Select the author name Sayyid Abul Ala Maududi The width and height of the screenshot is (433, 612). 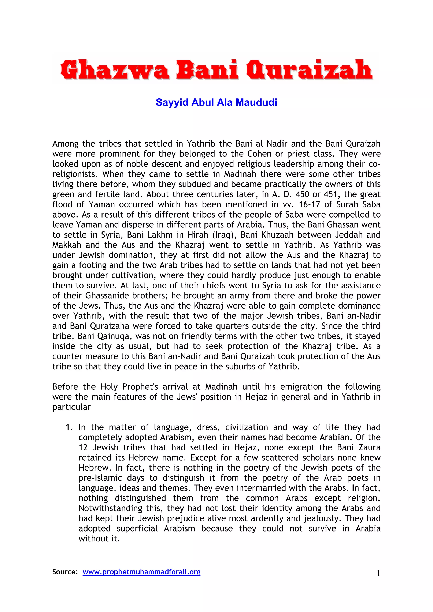(216, 102)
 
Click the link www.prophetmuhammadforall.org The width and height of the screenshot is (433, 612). (141, 572)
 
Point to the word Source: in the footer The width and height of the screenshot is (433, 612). (65, 572)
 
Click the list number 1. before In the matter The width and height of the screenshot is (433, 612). (69, 427)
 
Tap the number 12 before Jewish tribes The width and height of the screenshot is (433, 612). (83, 447)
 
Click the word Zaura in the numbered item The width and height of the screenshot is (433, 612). (369, 447)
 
